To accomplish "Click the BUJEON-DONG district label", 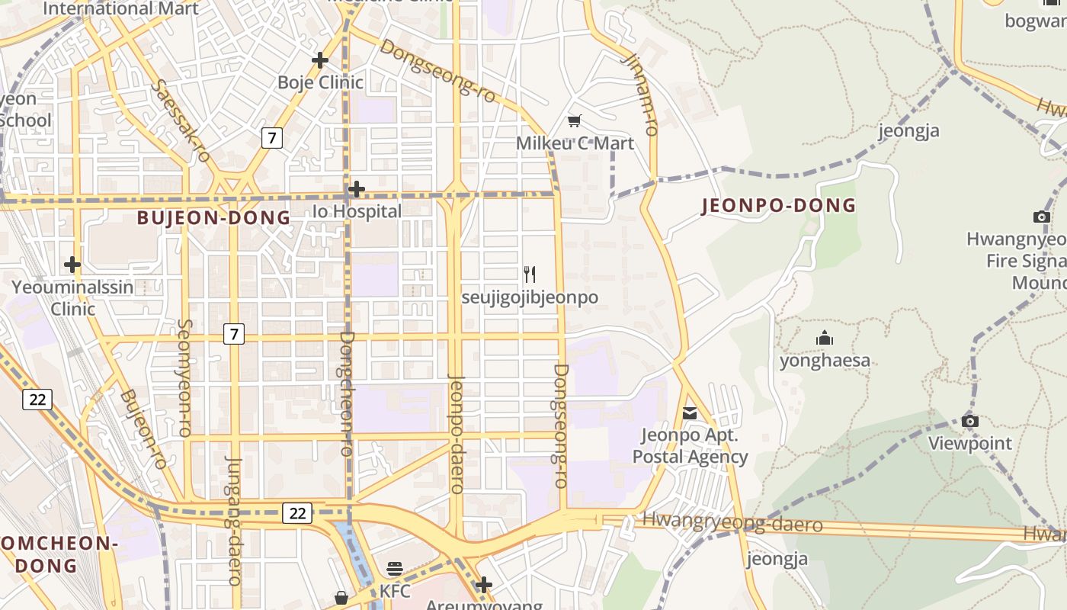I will tap(213, 218).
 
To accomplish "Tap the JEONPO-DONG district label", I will tap(778, 205).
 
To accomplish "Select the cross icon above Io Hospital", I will tap(356, 188).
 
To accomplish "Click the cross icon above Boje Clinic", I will tap(320, 59).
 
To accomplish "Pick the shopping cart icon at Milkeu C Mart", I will tap(575, 120).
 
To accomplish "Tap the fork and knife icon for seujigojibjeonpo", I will tap(530, 274).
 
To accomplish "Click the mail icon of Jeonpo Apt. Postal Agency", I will tap(690, 413).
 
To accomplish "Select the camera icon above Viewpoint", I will tap(969, 421).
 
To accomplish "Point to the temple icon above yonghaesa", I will tap(824, 338).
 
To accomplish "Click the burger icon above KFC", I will tap(394, 568).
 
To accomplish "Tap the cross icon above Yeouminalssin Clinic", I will tap(72, 265).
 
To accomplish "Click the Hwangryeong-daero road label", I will tap(732, 523).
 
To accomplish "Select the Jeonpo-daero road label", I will tap(457, 433).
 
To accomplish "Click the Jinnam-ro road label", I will tap(640, 94).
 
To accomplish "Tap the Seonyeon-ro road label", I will tap(184, 377).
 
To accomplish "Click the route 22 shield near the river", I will tap(296, 513).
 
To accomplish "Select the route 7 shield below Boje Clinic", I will tap(271, 138).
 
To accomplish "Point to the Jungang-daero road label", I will tap(233, 520).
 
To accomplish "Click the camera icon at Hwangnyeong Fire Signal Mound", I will tap(1041, 217).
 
